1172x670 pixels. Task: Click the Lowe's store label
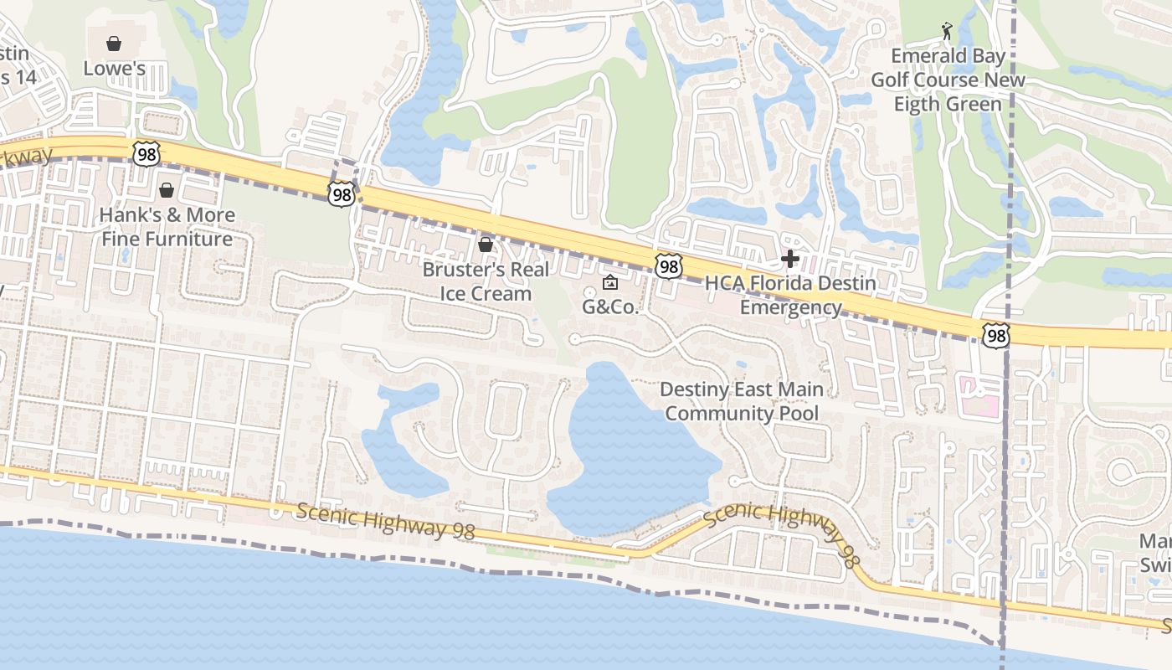click(x=115, y=69)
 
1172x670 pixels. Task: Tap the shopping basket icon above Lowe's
click(x=114, y=43)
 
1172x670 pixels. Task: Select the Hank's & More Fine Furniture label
click(x=167, y=227)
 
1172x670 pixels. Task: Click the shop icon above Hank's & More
click(x=167, y=190)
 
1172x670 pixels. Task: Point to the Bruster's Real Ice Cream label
click(x=486, y=281)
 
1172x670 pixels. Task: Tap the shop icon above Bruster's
click(x=485, y=245)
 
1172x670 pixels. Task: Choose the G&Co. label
click(x=610, y=307)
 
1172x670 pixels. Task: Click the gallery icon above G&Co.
click(x=610, y=282)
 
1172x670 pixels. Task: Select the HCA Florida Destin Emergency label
click(x=790, y=295)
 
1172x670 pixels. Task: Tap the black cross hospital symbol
click(x=789, y=259)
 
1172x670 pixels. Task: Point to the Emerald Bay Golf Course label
click(x=948, y=80)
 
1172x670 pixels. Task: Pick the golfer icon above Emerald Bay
click(x=947, y=32)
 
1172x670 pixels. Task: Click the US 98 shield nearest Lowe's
click(x=146, y=153)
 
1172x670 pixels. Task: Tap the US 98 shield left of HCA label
click(x=668, y=267)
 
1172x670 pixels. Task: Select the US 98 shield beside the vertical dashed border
click(x=995, y=336)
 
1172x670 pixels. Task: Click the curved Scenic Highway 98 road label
click(x=780, y=533)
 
